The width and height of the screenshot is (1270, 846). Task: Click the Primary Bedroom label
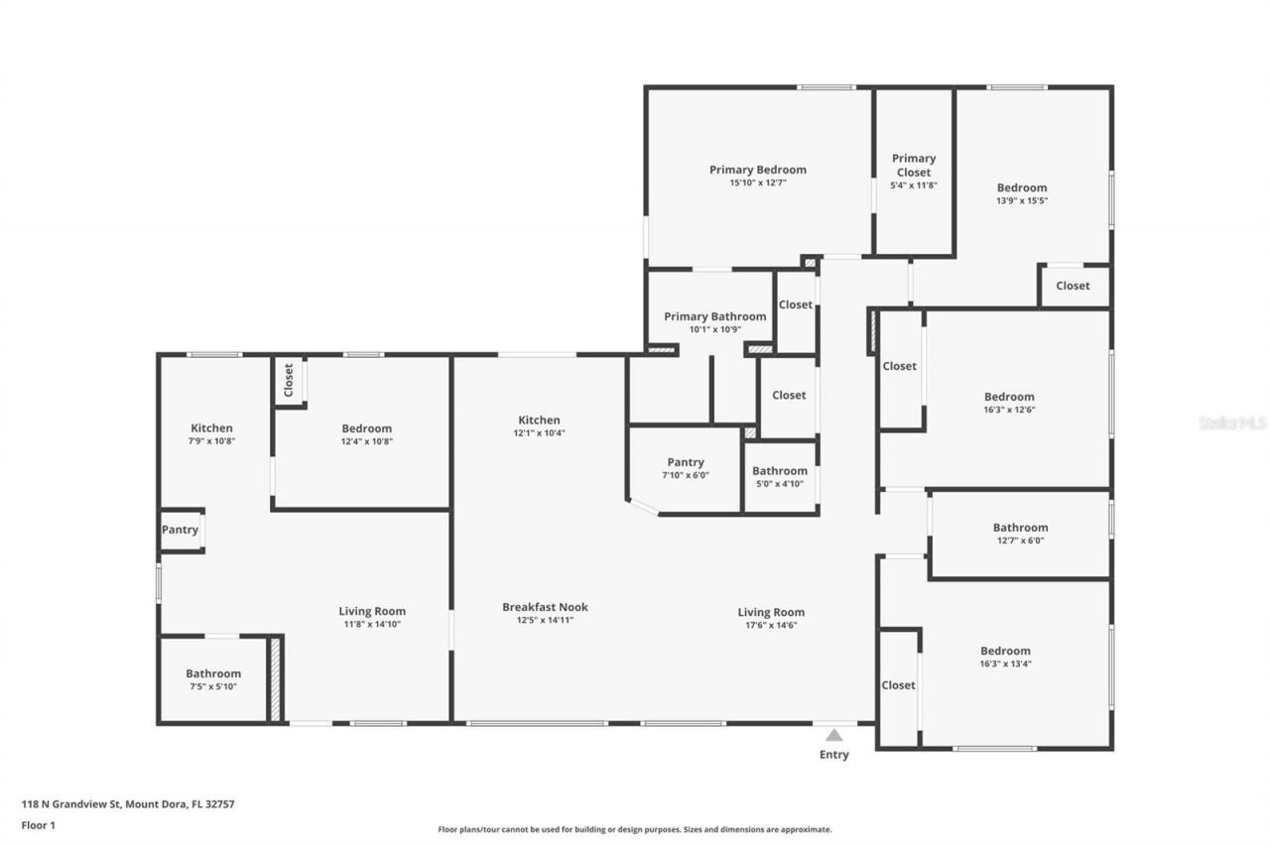[x=757, y=170]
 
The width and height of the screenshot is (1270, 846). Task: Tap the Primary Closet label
[x=913, y=165]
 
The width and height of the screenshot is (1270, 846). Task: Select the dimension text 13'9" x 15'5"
[x=1022, y=200]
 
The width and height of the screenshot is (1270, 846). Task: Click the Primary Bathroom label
[x=714, y=316]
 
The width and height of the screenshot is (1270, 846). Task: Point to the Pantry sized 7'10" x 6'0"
[x=686, y=462]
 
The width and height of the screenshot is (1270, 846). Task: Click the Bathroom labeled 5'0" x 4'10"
[x=779, y=471]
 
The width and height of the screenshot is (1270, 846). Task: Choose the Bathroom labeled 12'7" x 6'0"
[x=1020, y=528]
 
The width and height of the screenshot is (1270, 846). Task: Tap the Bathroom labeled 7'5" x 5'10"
[x=213, y=673]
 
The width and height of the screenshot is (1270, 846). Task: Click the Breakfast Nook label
[x=545, y=607]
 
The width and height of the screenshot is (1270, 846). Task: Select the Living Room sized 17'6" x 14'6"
[x=771, y=612]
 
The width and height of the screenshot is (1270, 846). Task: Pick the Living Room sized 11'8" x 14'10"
[x=372, y=611]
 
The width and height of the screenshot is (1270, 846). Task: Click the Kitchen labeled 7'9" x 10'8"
[x=212, y=428]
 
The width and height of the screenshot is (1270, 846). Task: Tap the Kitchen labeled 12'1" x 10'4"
[x=538, y=421]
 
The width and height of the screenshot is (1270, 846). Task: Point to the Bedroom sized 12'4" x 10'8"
[x=366, y=428]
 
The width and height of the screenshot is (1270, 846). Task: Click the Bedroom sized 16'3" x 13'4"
[x=1006, y=652]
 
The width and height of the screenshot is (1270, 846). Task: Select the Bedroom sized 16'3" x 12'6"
[x=1009, y=397]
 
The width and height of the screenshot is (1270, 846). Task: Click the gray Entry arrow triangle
[x=834, y=735]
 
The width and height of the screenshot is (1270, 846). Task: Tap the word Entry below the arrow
[x=834, y=755]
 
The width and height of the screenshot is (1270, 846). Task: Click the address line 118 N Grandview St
[x=128, y=804]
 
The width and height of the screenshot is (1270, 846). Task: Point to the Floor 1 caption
[x=39, y=824]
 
